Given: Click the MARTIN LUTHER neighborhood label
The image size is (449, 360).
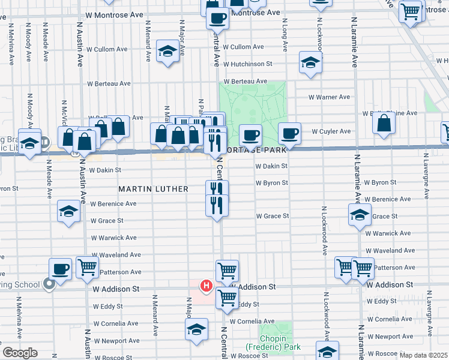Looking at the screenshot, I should tap(153, 189).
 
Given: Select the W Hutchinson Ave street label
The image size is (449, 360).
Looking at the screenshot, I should tap(252, 64).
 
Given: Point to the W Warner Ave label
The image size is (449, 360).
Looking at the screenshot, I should tap(329, 97).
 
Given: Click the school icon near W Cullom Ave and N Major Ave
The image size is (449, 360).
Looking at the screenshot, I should tap(167, 52).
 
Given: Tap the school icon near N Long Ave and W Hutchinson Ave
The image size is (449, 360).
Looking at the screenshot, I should tap(310, 62).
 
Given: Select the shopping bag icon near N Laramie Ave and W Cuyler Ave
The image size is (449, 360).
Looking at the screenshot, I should tap(384, 123).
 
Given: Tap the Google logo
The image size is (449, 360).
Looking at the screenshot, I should tap(19, 352).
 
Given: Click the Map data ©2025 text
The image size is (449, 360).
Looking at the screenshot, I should tap(423, 355).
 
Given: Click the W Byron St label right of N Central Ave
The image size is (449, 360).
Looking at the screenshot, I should tap(272, 183).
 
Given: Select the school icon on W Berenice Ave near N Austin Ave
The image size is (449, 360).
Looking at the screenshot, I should tap(68, 211).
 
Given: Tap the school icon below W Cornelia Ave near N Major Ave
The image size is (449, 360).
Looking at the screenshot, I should tap(196, 329).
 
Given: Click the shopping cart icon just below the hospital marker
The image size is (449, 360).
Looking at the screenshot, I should tap(227, 297).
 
